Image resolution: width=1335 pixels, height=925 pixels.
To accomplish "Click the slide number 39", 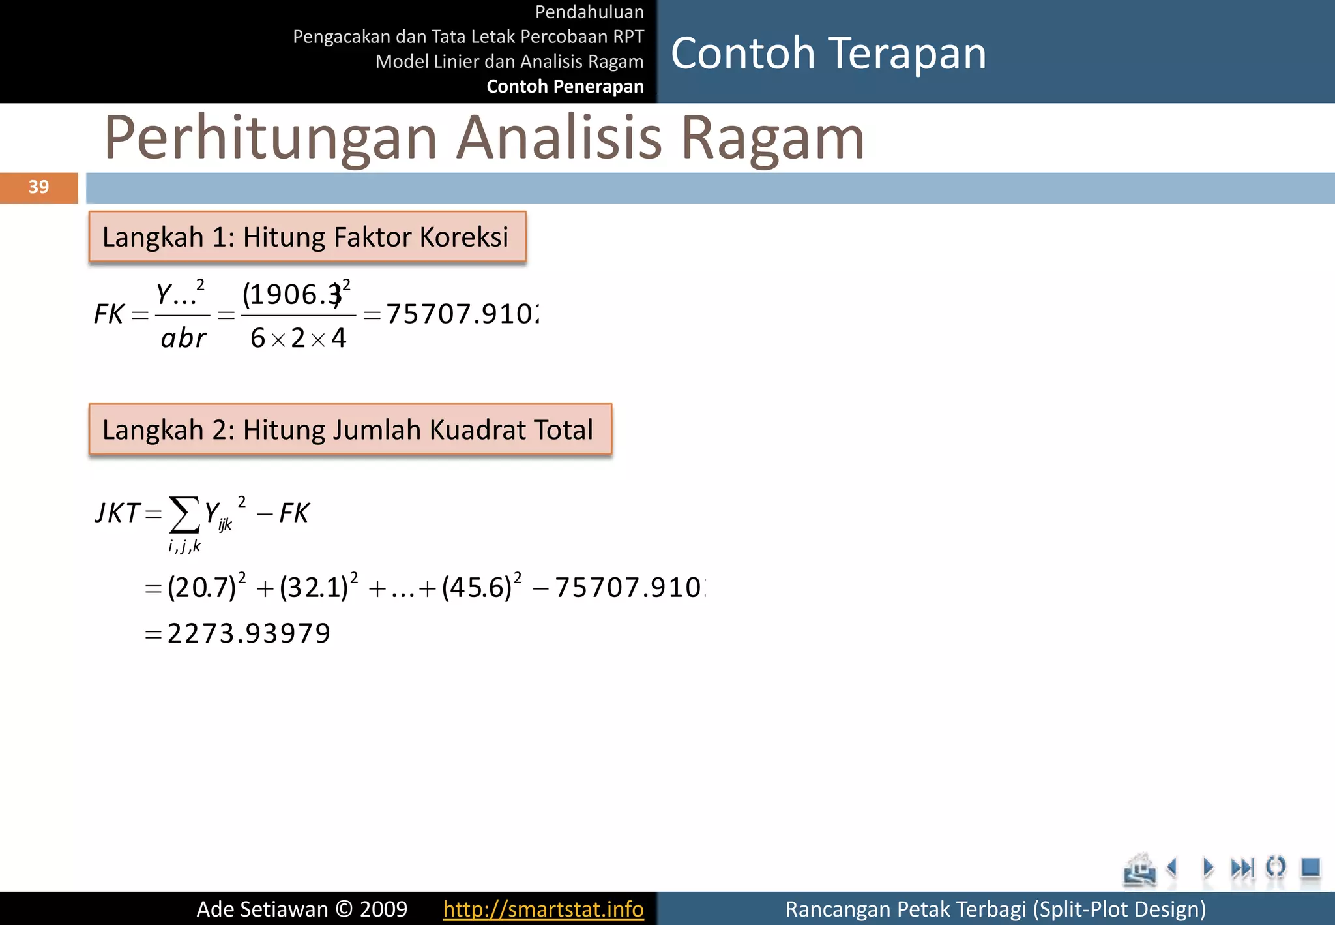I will [x=38, y=187].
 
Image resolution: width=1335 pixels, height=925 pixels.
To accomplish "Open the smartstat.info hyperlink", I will [x=543, y=909].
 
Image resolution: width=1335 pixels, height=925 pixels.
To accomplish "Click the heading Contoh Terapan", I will [x=828, y=53].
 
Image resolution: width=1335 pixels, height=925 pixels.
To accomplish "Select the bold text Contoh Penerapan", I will [x=565, y=86].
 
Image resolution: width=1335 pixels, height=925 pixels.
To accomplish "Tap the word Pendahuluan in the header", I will [x=589, y=12].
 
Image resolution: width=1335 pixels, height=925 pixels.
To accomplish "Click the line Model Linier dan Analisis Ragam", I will [x=509, y=61].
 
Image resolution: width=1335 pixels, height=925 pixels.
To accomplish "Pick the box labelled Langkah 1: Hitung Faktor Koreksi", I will [x=307, y=237].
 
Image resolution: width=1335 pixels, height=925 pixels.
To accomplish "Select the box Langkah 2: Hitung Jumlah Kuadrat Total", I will [x=350, y=429].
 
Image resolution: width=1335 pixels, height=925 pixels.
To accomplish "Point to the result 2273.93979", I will [x=248, y=633].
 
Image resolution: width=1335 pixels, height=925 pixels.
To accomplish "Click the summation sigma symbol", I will [x=184, y=515].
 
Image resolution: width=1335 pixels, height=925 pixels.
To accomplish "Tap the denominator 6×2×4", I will [x=298, y=338].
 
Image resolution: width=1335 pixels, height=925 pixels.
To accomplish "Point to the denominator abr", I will [x=183, y=338].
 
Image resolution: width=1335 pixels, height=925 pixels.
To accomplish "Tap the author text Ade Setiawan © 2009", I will [x=302, y=909].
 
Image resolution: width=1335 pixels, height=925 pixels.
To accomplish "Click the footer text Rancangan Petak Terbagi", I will [x=995, y=909].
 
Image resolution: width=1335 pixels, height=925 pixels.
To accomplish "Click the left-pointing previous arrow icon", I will [x=1172, y=868].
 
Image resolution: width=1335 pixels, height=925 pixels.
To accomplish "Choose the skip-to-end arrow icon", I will [x=1241, y=868].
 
